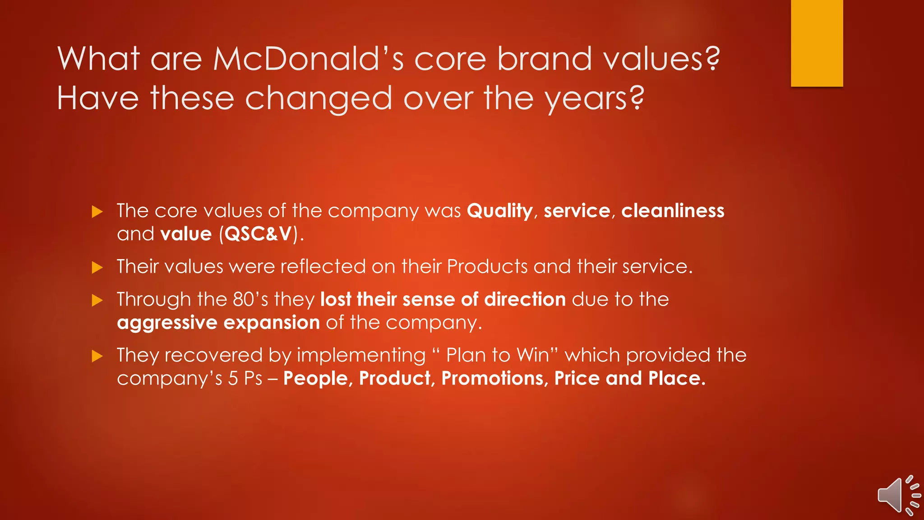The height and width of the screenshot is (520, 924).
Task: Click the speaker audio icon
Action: point(897,495)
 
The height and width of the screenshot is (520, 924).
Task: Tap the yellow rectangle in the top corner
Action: point(817,43)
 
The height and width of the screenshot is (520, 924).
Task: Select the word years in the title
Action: point(594,99)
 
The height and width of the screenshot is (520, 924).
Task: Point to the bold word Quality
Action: point(499,211)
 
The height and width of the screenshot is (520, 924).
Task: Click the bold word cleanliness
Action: point(672,211)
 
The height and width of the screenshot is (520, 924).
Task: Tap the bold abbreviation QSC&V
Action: point(258,234)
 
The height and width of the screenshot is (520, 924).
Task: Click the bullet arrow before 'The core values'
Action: point(97,212)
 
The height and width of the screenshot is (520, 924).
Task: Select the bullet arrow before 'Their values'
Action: point(97,268)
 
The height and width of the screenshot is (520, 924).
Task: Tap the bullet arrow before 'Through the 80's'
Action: point(97,300)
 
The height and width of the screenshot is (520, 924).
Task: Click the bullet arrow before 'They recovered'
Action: point(97,356)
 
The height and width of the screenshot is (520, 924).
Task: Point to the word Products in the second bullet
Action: point(487,267)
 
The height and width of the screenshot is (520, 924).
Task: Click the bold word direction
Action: point(525,300)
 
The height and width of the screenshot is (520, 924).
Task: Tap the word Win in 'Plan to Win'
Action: point(533,355)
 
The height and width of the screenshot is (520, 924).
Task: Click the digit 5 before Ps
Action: point(233,378)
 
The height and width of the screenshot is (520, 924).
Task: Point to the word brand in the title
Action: point(544,59)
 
